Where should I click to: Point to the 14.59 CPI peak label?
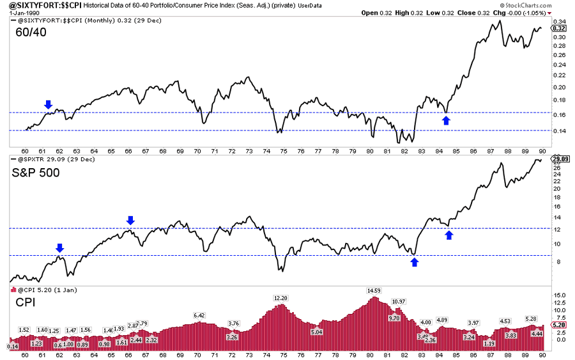click(374, 290)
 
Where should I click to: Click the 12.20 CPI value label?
click(281, 298)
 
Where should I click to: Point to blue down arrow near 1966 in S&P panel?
click(130, 221)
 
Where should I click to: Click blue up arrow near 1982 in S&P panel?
click(414, 261)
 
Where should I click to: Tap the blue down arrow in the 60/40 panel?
click(49, 104)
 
